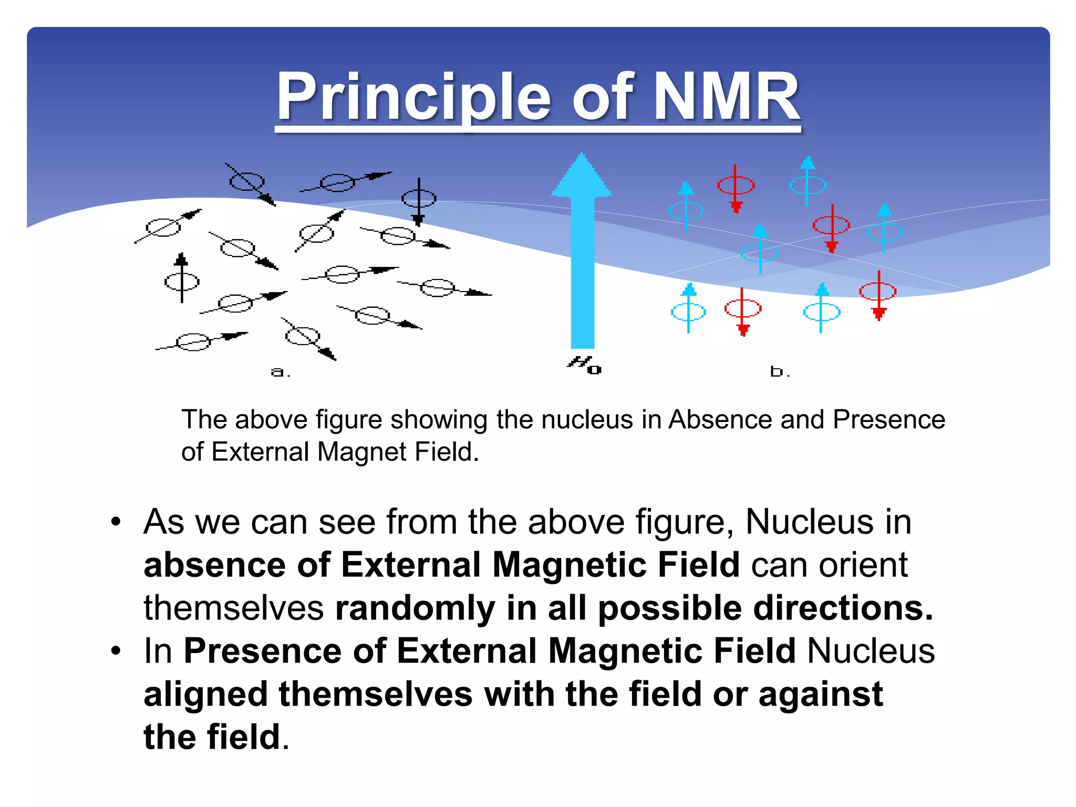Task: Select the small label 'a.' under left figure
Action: click(x=280, y=373)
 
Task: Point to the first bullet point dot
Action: click(x=116, y=523)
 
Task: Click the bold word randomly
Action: click(x=415, y=608)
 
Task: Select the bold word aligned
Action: click(x=205, y=694)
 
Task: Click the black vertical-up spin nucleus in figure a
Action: click(x=182, y=281)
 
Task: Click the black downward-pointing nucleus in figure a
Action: click(x=419, y=200)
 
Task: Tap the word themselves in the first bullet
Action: click(x=233, y=608)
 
